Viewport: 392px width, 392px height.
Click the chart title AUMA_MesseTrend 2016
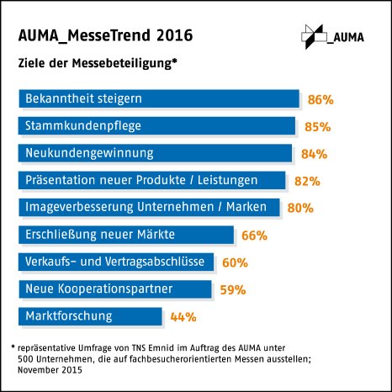[x=105, y=35]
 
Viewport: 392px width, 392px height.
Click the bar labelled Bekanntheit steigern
[x=159, y=99]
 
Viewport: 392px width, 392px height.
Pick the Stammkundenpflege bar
[x=156, y=126]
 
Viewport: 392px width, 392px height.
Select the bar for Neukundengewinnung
[x=155, y=153]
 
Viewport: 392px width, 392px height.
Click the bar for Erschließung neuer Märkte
[x=125, y=234]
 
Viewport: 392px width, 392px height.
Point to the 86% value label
[x=320, y=100]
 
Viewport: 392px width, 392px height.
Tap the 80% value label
[x=301, y=208]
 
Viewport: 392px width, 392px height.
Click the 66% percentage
[x=253, y=235]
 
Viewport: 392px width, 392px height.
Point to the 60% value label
[x=235, y=262]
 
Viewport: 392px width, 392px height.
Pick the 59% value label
[x=232, y=289]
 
